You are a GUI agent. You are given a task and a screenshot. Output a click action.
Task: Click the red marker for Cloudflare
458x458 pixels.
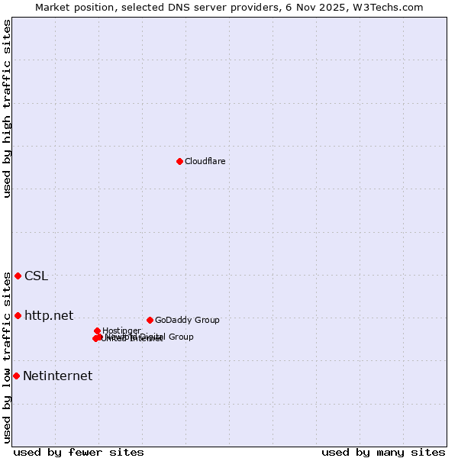[179, 161]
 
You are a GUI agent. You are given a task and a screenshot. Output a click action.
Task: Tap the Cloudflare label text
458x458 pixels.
[205, 161]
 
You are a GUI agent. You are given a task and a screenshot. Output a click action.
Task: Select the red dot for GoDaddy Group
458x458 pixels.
[150, 320]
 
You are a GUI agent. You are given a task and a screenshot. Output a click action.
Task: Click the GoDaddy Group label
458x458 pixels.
[187, 320]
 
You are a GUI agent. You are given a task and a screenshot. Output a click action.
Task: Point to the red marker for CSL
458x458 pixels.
[18, 276]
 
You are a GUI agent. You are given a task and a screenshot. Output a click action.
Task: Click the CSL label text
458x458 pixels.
[36, 276]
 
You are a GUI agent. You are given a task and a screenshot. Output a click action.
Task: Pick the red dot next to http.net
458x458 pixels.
[18, 315]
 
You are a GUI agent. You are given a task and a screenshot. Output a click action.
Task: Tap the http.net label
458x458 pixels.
[49, 315]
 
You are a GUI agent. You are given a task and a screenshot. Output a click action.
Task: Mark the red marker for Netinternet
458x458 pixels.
[16, 376]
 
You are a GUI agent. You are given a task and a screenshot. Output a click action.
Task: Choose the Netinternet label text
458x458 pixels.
[57, 376]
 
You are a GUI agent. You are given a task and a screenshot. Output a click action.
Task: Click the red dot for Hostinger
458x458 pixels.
[97, 331]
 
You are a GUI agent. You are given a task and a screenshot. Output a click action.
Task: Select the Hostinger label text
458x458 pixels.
[121, 331]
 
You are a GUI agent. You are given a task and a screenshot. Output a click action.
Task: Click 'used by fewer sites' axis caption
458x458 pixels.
[79, 452]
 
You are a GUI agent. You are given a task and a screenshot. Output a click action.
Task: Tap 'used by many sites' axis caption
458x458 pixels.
[383, 452]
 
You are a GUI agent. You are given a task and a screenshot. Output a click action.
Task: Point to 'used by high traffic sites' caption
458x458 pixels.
[7, 108]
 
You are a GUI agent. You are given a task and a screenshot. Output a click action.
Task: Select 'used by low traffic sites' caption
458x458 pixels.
[7, 357]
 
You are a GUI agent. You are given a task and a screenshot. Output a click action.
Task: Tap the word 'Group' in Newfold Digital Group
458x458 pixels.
[181, 337]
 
